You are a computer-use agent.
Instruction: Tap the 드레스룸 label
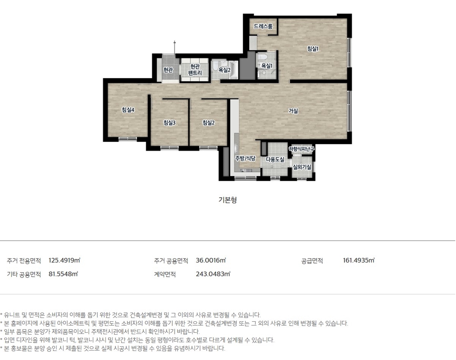263,26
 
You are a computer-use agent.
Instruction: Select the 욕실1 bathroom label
266,65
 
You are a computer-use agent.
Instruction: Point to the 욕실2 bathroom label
225,70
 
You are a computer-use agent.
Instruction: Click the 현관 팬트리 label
195,69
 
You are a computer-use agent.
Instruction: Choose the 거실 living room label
293,111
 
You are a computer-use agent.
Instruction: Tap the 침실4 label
128,110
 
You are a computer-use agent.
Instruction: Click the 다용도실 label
275,160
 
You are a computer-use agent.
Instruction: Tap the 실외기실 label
302,167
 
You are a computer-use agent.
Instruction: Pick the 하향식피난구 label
301,149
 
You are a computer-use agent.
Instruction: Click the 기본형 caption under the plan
228,200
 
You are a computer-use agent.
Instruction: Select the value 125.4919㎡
64,261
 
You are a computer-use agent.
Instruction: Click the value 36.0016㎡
211,261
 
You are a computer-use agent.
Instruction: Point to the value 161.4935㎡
358,261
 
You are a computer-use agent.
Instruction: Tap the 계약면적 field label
165,274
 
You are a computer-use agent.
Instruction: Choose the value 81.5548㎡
63,274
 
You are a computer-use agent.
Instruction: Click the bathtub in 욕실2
216,69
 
